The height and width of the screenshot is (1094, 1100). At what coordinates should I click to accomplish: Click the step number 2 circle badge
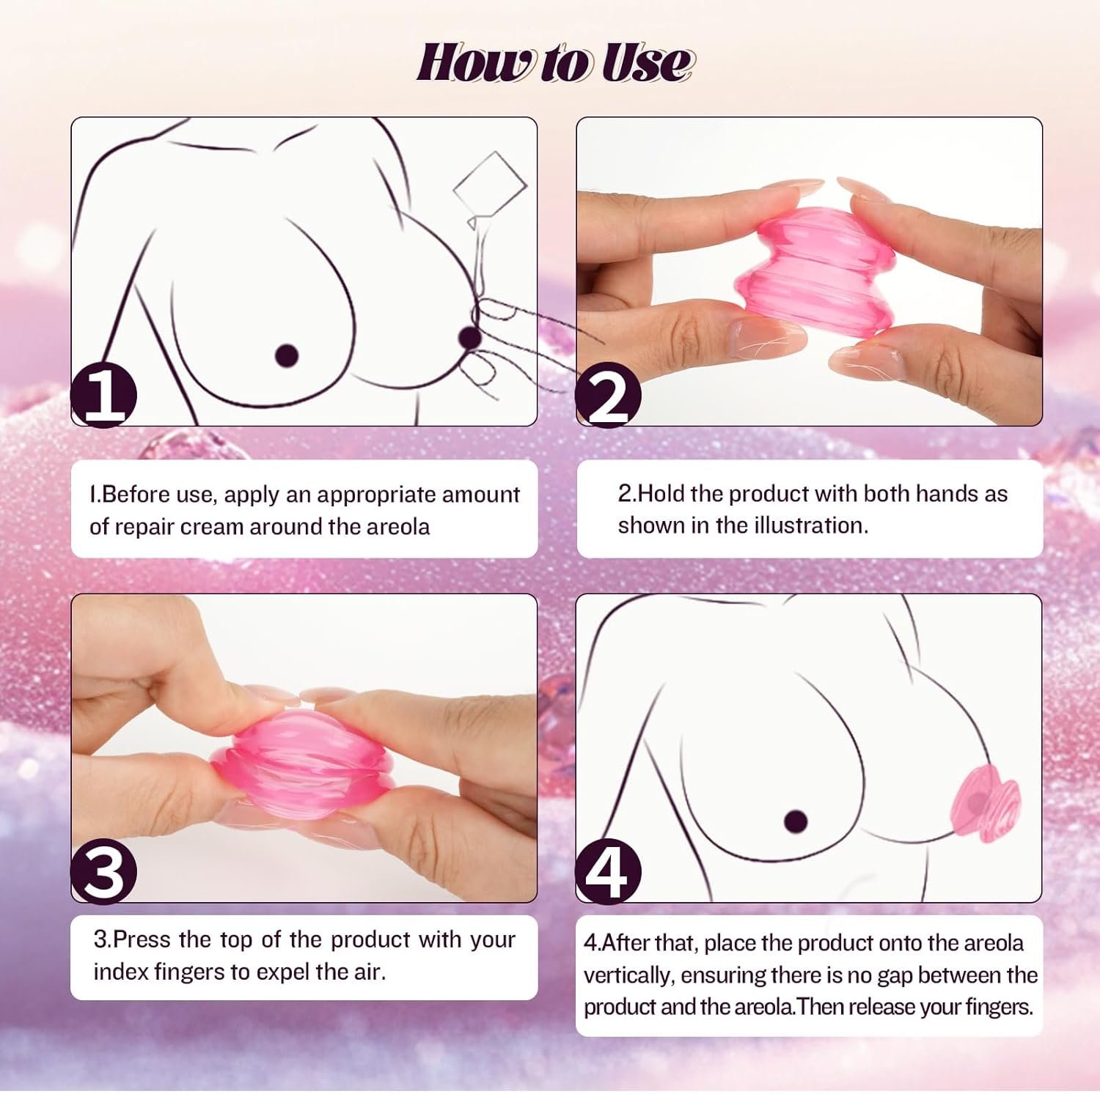(x=608, y=396)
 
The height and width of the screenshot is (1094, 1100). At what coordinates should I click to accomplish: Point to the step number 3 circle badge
(x=103, y=871)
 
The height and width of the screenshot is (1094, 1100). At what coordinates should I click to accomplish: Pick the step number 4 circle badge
(x=608, y=871)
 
